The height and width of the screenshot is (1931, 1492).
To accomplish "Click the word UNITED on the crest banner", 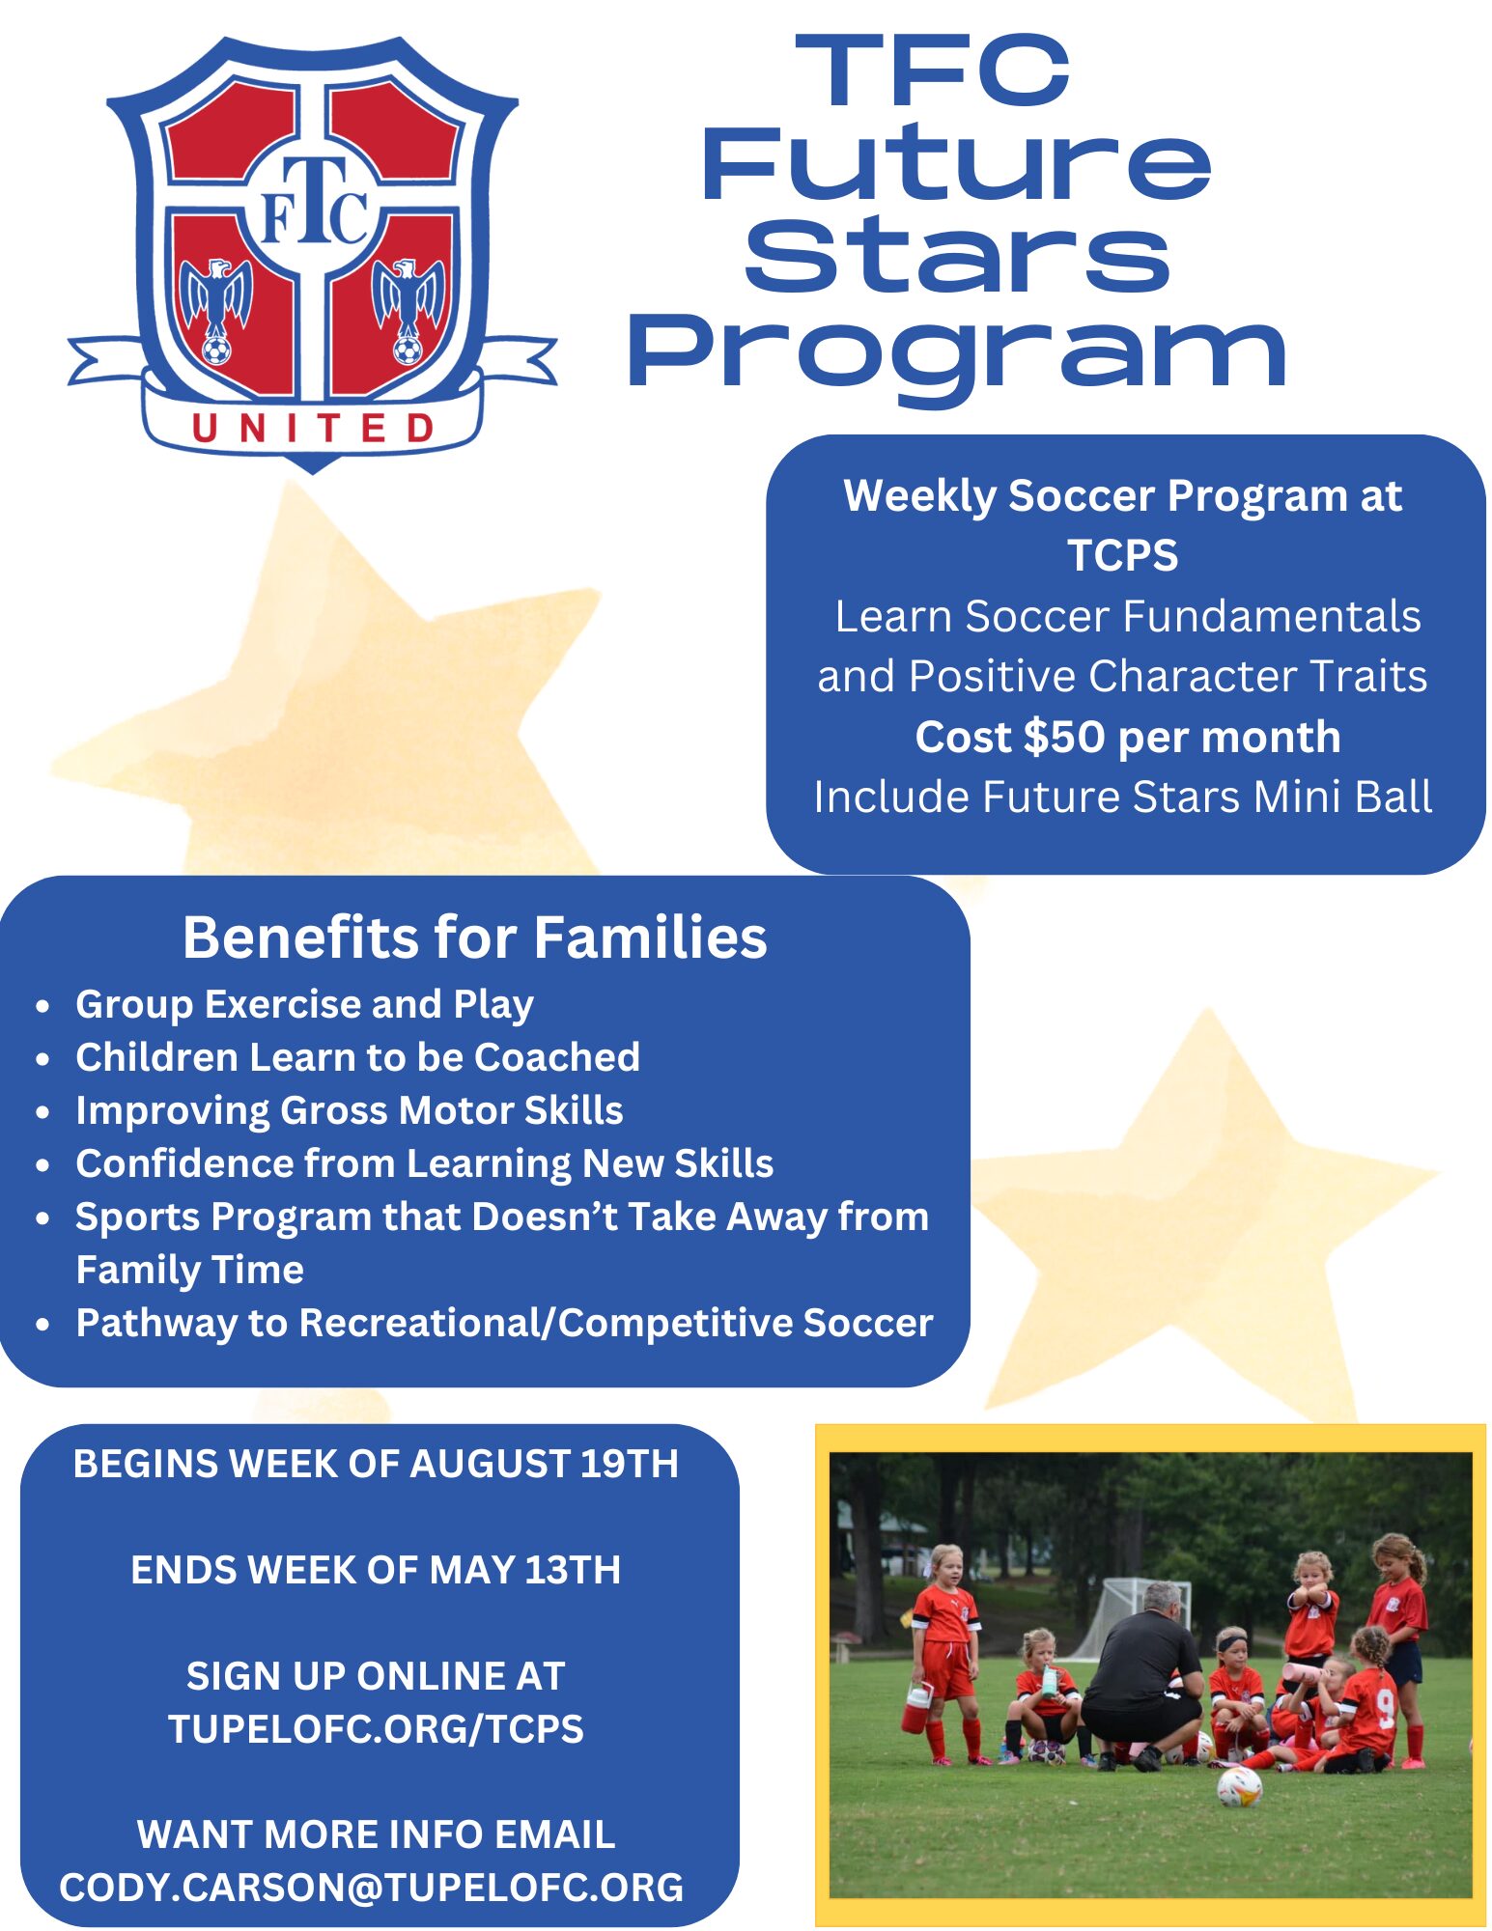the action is pyautogui.click(x=313, y=428).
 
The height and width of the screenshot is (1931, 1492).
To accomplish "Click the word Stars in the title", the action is pyautogui.click(x=956, y=255).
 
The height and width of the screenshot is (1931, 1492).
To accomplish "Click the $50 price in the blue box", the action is pyautogui.click(x=1063, y=737).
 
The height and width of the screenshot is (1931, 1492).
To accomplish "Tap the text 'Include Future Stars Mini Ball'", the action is pyautogui.click(x=1122, y=798).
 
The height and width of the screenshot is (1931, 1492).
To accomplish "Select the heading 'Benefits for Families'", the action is pyautogui.click(x=475, y=938).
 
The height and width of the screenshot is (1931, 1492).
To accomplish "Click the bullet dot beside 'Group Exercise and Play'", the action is pyautogui.click(x=42, y=1006).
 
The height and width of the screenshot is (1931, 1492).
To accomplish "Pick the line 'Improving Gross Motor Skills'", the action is pyautogui.click(x=350, y=1110).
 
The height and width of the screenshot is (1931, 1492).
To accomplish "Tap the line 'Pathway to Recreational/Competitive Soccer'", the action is pyautogui.click(x=504, y=1323).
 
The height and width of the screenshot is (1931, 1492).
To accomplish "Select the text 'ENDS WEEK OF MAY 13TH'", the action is pyautogui.click(x=376, y=1570).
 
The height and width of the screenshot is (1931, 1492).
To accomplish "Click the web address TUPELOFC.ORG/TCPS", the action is pyautogui.click(x=376, y=1729).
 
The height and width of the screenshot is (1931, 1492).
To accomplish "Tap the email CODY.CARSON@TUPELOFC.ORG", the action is pyautogui.click(x=372, y=1888).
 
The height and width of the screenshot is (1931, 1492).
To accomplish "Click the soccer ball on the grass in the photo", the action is pyautogui.click(x=1239, y=1787).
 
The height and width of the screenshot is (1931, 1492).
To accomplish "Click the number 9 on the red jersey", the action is pyautogui.click(x=1386, y=1708).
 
